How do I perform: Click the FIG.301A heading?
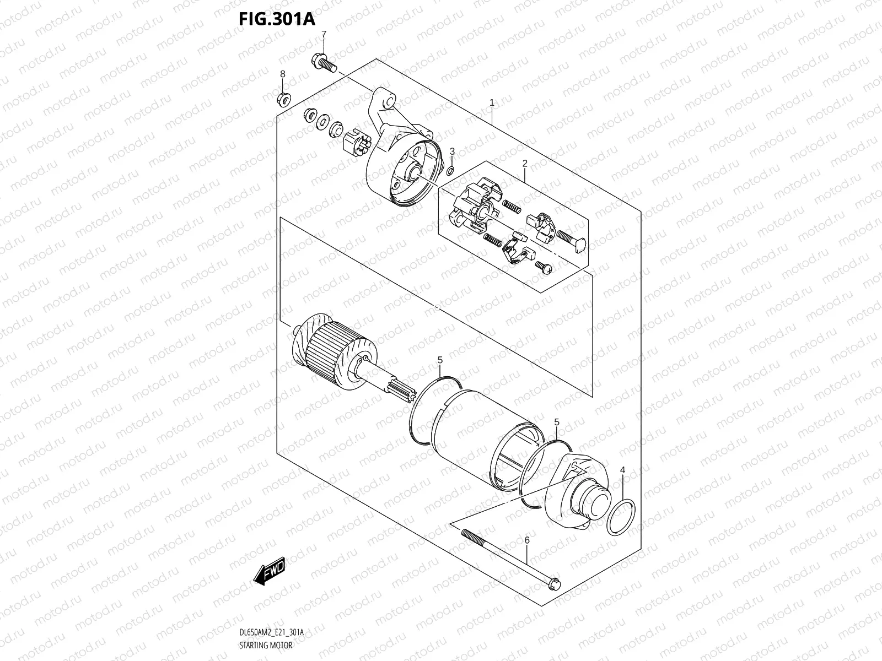coord(276,19)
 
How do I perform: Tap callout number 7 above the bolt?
coord(324,34)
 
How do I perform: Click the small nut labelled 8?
coord(285,99)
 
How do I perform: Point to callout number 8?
coord(282,74)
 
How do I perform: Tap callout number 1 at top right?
coord(491,102)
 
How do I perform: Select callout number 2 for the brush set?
coord(525,164)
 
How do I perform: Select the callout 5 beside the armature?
coord(440,360)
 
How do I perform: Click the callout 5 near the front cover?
coord(557,422)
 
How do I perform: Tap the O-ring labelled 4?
coord(622,517)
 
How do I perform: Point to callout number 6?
coord(526,541)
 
